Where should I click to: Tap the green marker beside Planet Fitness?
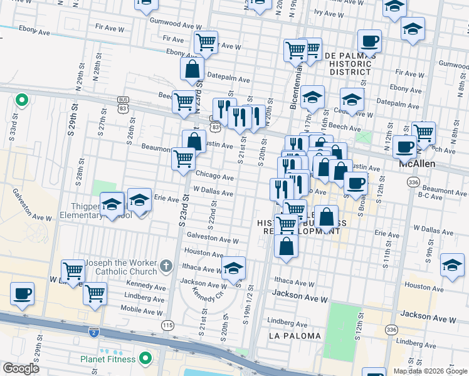click(x=145, y=359)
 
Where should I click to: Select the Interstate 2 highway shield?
click(x=94, y=330)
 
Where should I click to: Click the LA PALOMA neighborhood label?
click(x=295, y=336)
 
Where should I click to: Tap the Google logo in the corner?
click(x=21, y=368)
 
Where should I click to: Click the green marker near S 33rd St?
click(x=21, y=99)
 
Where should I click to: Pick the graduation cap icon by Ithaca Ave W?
click(x=233, y=268)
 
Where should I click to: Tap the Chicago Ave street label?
click(x=214, y=177)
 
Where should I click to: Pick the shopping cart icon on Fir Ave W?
click(x=206, y=43)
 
